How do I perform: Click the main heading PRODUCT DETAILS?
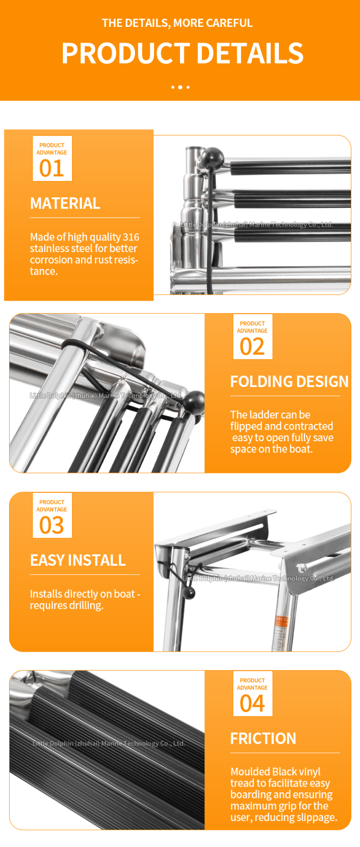click(182, 53)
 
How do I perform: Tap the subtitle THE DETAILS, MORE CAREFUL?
click(177, 23)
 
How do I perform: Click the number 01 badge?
click(52, 158)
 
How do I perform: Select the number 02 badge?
click(252, 337)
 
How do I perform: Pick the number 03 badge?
click(52, 515)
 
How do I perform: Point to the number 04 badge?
click(252, 694)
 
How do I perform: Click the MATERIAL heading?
click(65, 204)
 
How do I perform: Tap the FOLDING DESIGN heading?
click(289, 382)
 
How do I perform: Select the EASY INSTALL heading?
click(78, 560)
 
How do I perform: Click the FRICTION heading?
click(263, 738)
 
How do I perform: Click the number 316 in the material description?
click(131, 237)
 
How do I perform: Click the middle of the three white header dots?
click(180, 87)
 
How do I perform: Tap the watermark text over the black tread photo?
click(108, 743)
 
